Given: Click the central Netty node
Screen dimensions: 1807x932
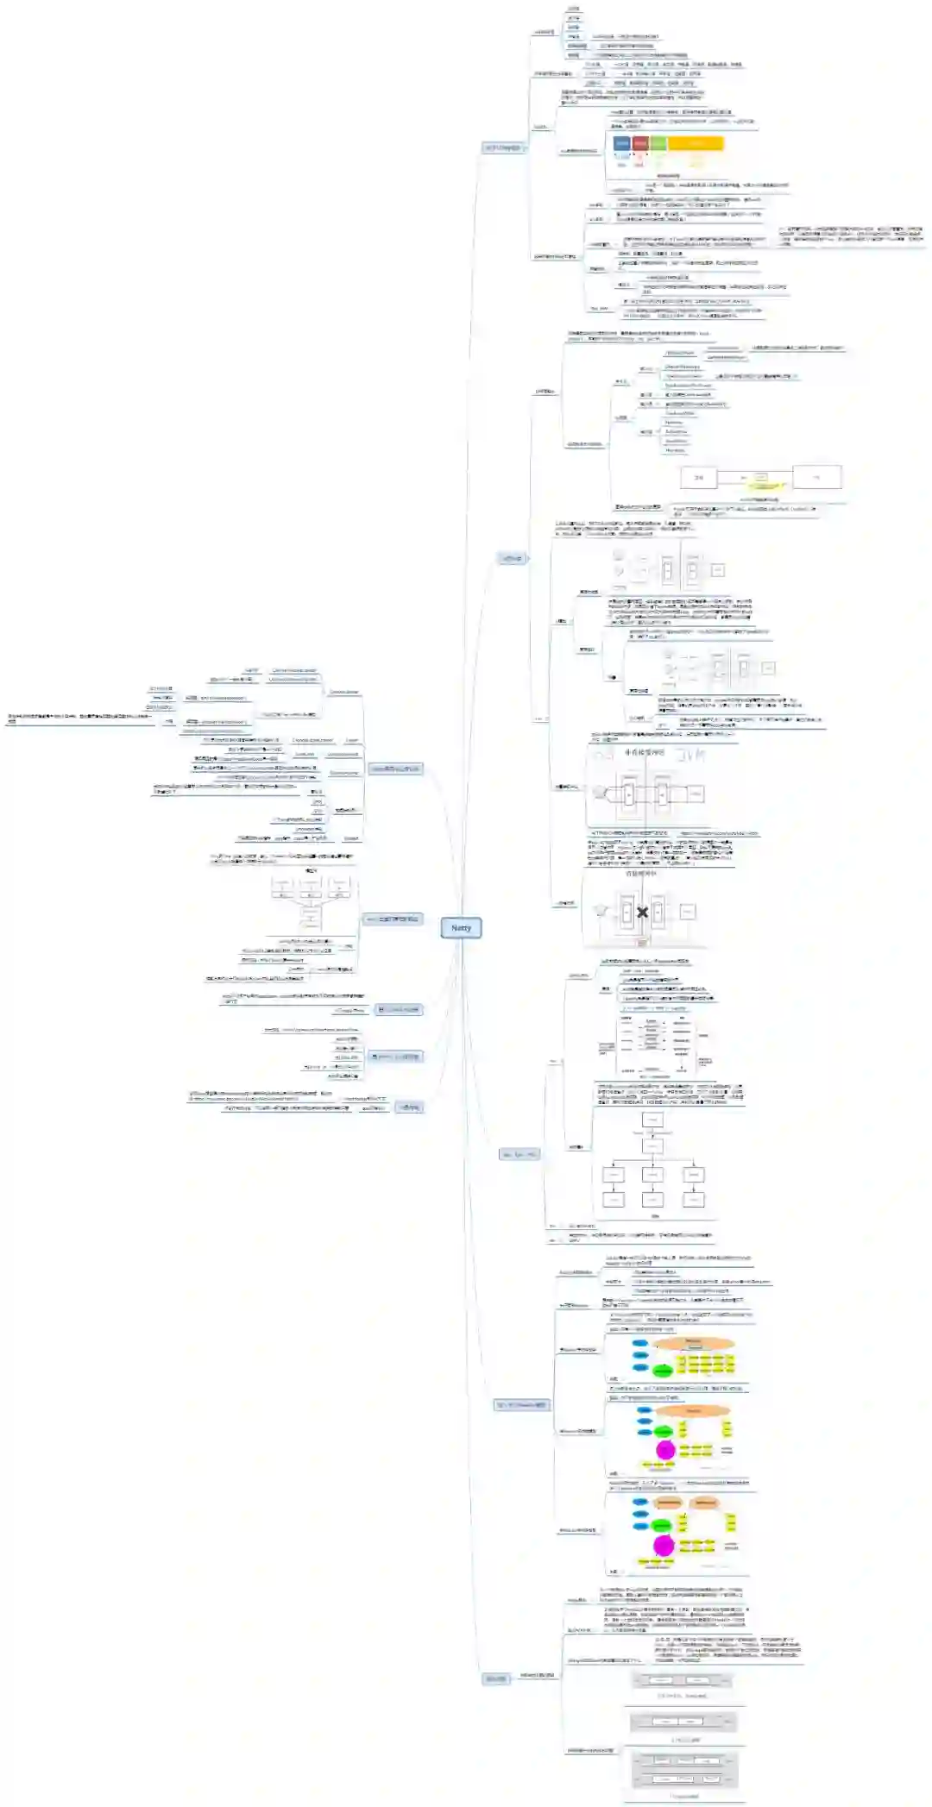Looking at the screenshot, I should tap(461, 928).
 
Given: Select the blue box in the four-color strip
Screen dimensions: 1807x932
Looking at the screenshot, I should tap(621, 143).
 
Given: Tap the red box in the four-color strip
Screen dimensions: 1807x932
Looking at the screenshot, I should tap(640, 143).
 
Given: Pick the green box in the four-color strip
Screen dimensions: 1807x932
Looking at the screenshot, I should tap(658, 143).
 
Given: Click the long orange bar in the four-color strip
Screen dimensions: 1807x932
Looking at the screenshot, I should tap(696, 143).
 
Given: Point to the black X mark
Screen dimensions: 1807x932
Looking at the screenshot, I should tap(642, 912).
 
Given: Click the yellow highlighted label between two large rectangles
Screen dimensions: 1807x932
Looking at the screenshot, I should tap(760, 479).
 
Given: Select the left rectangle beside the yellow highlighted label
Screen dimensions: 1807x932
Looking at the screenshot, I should tap(698, 477).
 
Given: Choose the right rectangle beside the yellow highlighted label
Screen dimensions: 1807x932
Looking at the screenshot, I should tap(816, 477).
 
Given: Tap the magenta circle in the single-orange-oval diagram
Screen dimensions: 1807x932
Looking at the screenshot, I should tap(664, 1450).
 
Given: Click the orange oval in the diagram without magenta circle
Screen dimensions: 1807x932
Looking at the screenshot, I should tap(694, 1343).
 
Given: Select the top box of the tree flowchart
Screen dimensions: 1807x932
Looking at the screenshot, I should tap(652, 1120).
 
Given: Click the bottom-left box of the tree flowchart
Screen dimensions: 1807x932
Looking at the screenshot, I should tap(614, 1200).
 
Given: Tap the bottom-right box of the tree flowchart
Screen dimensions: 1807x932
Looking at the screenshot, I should tap(694, 1200).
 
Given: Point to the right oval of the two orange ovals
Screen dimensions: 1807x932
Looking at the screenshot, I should tap(705, 1503).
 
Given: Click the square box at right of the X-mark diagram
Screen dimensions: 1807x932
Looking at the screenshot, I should tap(688, 911).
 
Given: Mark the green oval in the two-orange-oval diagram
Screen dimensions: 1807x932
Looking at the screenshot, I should tap(662, 1525).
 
